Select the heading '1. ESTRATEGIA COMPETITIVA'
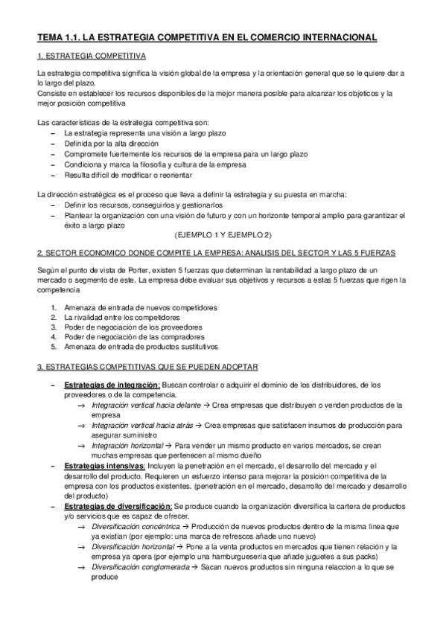click(92, 57)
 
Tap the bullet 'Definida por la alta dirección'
click(112, 142)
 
